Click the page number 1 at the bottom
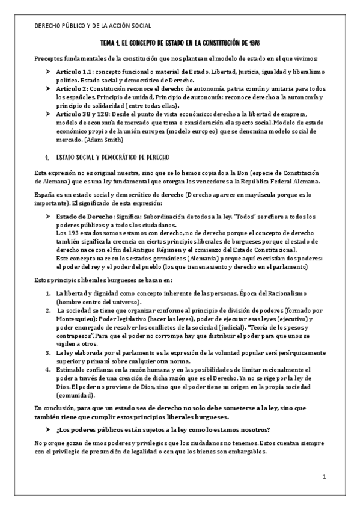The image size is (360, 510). click(x=323, y=478)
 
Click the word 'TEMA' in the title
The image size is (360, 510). click(x=109, y=44)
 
